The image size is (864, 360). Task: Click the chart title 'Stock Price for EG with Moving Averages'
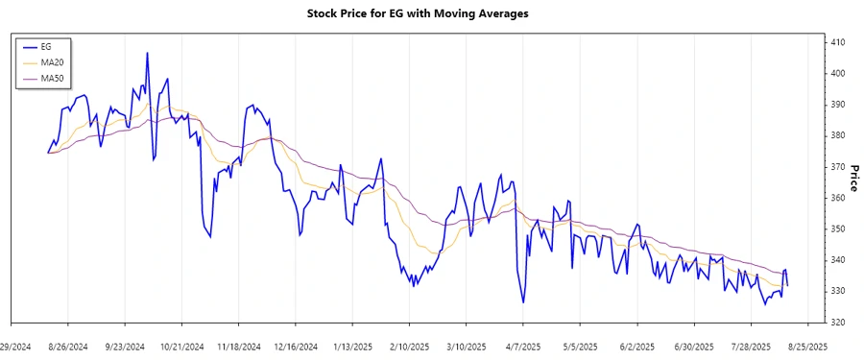[431, 13]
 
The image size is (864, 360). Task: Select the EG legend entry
[46, 46]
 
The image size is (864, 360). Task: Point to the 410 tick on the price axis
[837, 42]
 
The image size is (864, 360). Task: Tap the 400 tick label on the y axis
[837, 73]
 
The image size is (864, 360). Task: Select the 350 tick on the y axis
[837, 228]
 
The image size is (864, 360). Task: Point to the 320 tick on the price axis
[837, 322]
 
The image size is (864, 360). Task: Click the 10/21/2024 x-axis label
[181, 346]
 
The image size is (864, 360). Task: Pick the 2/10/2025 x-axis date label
[409, 346]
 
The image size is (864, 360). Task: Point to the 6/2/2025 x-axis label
[636, 346]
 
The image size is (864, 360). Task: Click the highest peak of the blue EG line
[147, 53]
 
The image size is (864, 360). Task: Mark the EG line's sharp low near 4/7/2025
[523, 302]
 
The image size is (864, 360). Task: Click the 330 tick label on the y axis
[837, 291]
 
